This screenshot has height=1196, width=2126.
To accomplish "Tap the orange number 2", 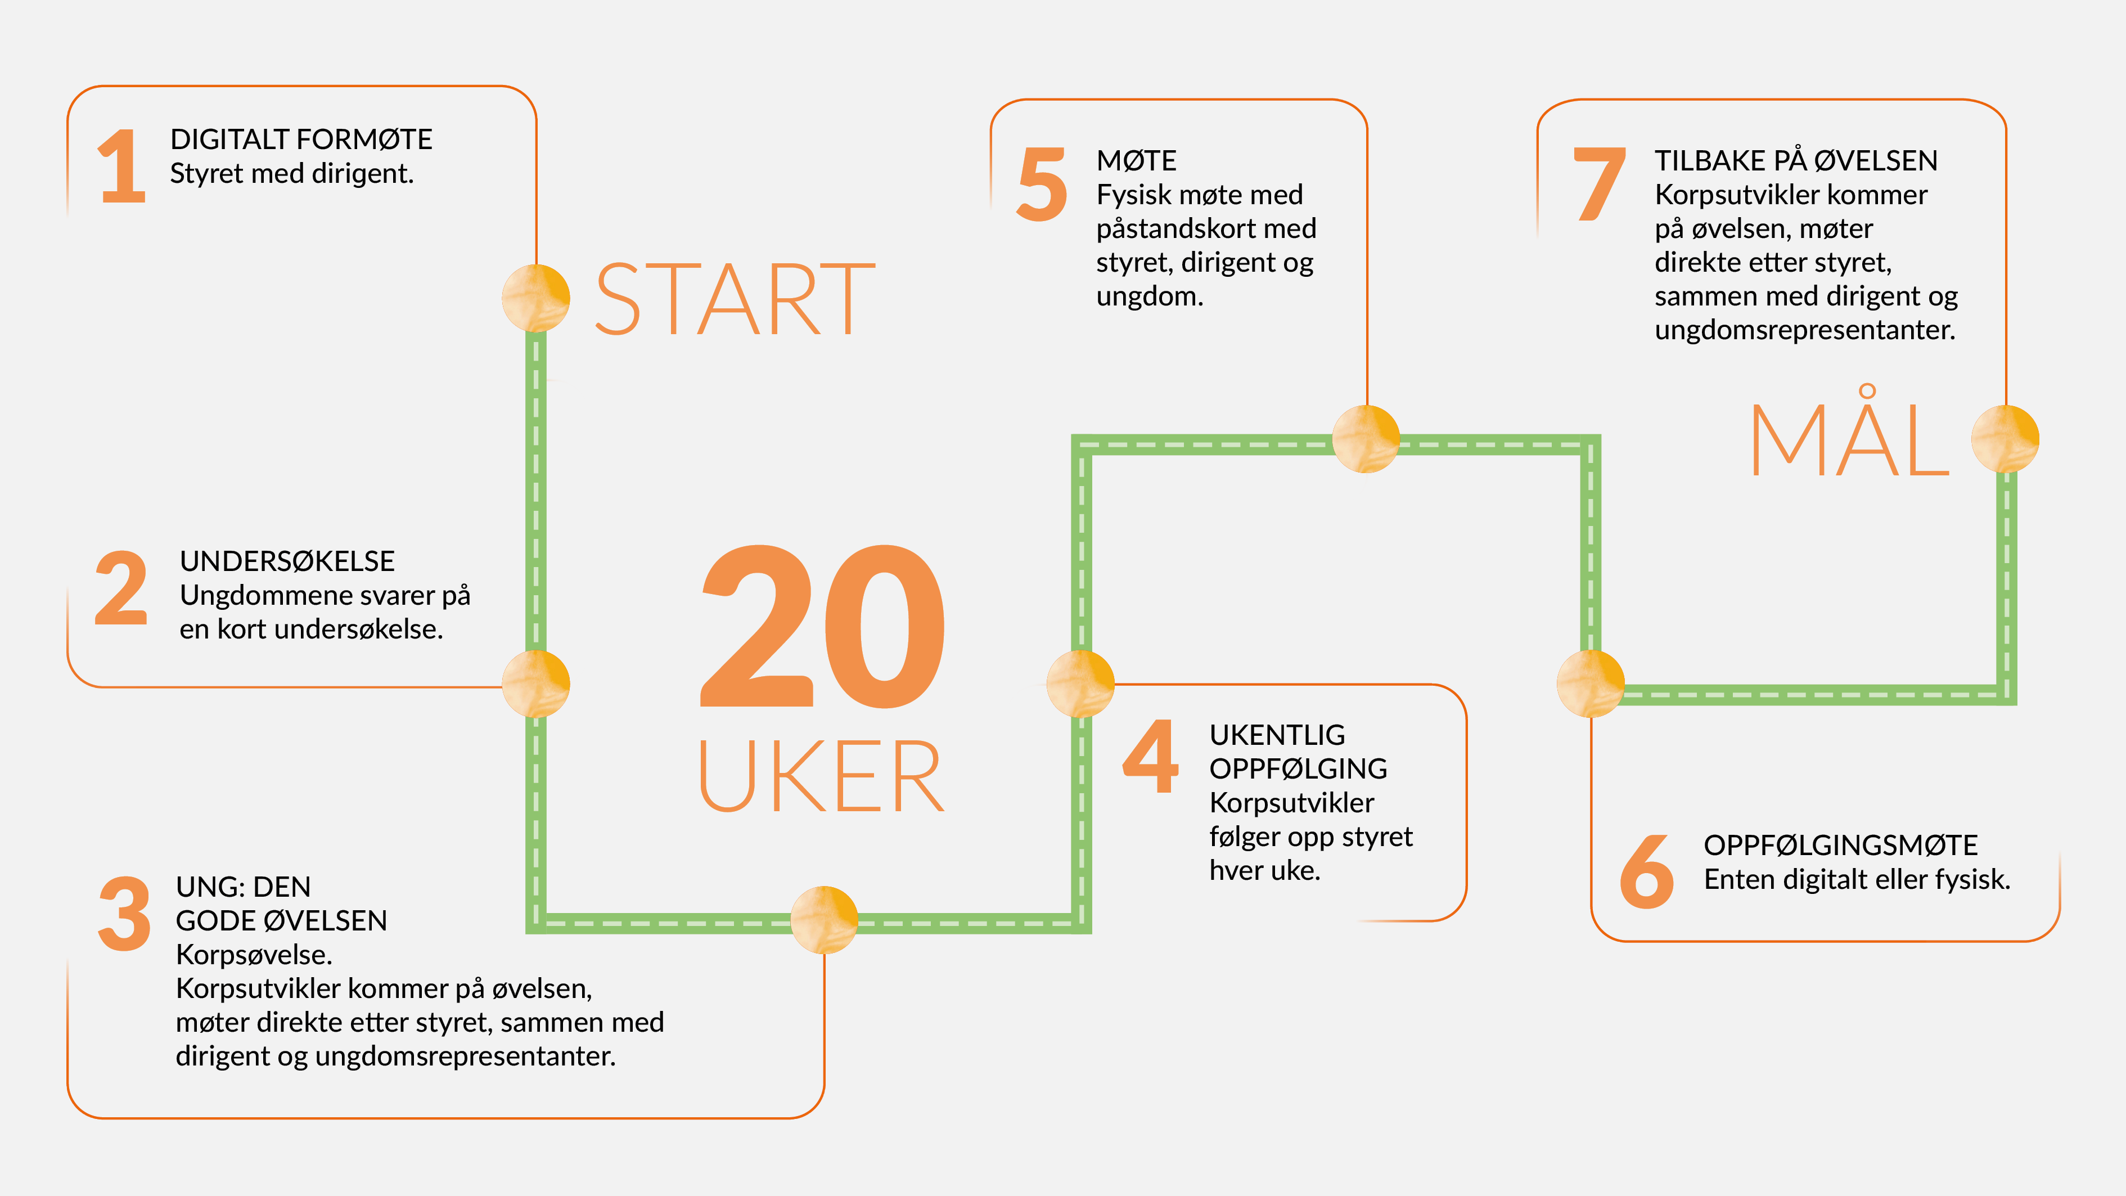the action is (121, 588).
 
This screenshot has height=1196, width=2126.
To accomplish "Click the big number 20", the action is (823, 627).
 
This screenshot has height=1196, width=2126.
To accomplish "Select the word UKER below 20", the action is (821, 776).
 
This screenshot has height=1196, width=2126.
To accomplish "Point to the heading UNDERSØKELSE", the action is (287, 561).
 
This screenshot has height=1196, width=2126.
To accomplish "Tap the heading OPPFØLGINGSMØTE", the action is (1840, 845).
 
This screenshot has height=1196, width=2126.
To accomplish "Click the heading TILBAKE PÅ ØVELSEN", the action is (1796, 160).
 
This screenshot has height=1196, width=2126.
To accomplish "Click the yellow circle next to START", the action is (535, 298).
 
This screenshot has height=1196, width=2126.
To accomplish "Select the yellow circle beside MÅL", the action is (2005, 438).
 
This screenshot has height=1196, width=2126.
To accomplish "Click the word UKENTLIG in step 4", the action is (1277, 735).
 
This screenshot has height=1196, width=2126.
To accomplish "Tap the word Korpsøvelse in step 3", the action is (253, 955).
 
